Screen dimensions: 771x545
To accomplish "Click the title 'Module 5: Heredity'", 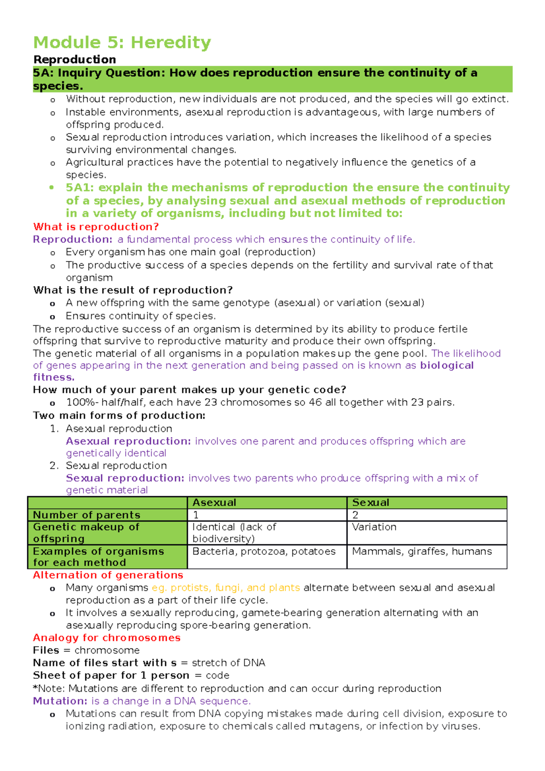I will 122,42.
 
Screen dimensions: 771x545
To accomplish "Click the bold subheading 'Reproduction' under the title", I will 74,59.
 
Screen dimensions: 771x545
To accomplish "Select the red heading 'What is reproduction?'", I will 96,227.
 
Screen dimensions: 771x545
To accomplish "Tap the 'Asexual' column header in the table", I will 214,503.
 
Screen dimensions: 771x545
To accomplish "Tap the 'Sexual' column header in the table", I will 371,503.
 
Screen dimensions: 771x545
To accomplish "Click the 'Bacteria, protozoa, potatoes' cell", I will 264,551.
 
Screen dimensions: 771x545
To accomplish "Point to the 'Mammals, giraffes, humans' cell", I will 422,551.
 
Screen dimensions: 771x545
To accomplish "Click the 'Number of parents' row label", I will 86,515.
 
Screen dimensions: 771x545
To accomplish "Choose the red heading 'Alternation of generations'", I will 108,575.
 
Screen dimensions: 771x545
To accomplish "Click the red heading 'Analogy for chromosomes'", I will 107,638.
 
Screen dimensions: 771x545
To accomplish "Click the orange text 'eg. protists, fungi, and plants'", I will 226,588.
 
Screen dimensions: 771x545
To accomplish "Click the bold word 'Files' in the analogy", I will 46,650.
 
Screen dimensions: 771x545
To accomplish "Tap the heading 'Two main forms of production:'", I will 119,415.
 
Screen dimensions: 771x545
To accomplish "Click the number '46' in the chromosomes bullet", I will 315,402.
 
